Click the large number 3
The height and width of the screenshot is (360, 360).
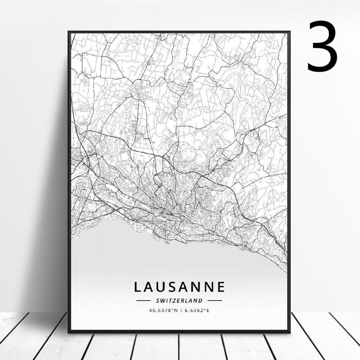tap(322, 46)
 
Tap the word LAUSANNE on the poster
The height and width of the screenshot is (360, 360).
tap(179, 287)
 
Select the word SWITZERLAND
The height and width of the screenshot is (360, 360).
tap(179, 301)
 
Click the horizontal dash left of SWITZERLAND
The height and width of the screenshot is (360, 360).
tap(143, 301)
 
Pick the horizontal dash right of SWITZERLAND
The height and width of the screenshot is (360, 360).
tap(215, 301)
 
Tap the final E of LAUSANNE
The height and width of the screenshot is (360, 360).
tap(220, 287)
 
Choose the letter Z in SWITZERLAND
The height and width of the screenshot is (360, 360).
tap(174, 301)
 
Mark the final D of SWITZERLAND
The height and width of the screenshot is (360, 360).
tap(200, 301)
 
